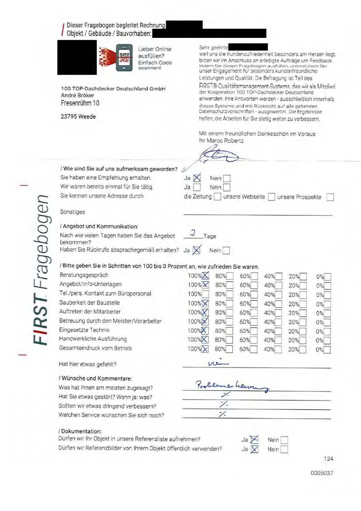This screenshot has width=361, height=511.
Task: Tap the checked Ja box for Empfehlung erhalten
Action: point(197,178)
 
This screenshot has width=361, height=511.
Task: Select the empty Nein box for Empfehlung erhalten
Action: point(227,178)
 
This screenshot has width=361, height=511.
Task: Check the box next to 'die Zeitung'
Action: point(217,197)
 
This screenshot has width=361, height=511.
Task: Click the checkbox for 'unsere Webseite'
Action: point(271,197)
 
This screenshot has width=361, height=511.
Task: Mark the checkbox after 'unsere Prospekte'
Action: point(330,197)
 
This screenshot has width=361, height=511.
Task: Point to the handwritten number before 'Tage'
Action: point(193,233)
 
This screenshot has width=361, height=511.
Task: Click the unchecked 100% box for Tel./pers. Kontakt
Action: point(205,294)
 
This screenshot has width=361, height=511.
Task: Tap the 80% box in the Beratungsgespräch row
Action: point(230,276)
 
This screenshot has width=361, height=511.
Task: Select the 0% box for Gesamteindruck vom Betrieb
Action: point(327,350)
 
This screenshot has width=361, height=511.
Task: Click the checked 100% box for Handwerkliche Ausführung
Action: point(204,340)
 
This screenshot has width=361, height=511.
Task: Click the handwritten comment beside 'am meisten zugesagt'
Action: point(232,386)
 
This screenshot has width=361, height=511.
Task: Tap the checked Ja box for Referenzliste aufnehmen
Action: point(254,440)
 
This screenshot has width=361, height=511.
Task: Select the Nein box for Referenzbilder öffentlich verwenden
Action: point(284,449)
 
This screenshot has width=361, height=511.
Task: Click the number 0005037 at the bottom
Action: point(322,473)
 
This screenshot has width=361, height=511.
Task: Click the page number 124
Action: point(328,459)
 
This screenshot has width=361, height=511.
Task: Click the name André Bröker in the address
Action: point(77,95)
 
